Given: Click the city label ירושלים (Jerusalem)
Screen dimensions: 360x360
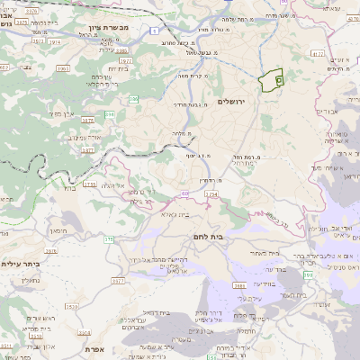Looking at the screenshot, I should (238, 102).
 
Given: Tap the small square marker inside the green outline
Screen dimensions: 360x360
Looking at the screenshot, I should (278, 80).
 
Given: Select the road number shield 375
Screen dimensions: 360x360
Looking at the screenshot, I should (110, 239).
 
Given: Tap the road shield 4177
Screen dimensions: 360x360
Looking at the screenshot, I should (317, 54).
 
